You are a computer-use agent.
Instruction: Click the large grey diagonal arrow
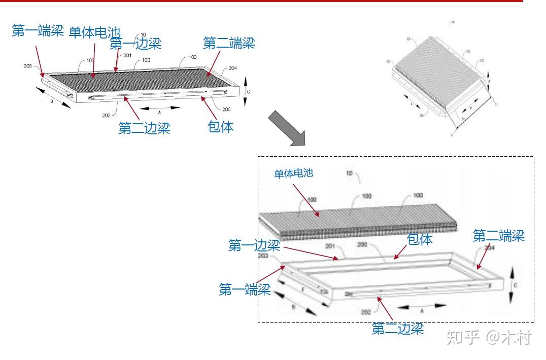(x=287, y=128)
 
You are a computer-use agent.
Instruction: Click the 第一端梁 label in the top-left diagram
(x=38, y=31)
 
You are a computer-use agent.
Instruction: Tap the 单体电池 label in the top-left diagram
(x=94, y=33)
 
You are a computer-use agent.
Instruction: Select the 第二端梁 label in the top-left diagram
(x=229, y=43)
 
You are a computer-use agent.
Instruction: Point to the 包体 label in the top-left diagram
(x=221, y=127)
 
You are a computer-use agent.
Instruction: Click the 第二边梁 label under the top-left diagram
(x=144, y=128)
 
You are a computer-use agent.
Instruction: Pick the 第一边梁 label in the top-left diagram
(x=135, y=44)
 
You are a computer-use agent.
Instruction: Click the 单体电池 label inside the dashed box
(x=294, y=173)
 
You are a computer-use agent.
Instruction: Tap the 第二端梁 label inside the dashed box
(x=499, y=236)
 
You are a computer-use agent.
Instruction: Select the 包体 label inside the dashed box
(x=420, y=239)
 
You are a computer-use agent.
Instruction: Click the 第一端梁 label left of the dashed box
(x=245, y=290)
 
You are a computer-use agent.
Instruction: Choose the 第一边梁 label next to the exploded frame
(x=254, y=246)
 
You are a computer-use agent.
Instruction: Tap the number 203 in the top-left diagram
(x=27, y=66)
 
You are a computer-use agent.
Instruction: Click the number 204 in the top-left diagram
(x=233, y=68)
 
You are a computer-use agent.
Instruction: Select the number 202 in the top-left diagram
(x=106, y=115)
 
